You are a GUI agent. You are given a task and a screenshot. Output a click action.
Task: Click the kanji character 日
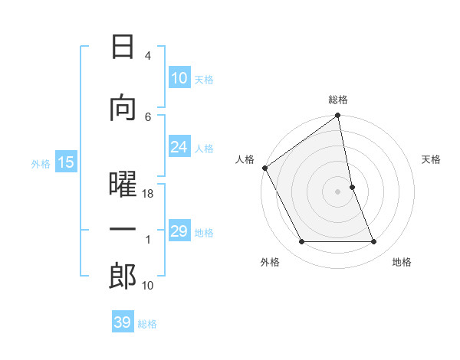(x=123, y=48)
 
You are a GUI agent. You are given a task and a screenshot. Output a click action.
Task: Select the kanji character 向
(x=123, y=108)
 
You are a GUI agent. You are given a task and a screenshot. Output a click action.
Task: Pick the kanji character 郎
(x=123, y=277)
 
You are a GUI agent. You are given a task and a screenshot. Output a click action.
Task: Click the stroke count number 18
(x=149, y=195)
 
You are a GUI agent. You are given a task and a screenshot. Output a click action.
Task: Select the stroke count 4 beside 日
(x=148, y=56)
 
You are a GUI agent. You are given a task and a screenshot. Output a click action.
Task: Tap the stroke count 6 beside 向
(x=148, y=116)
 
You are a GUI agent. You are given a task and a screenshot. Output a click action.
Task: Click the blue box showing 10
(x=179, y=78)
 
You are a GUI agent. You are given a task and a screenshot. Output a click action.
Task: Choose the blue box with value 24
(x=179, y=147)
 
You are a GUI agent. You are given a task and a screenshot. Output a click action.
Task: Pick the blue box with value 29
(x=179, y=231)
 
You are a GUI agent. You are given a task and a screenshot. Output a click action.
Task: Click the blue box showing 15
(x=66, y=162)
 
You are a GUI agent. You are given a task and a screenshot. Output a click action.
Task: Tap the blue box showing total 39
(x=123, y=322)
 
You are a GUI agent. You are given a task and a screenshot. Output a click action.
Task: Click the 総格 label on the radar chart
(x=338, y=100)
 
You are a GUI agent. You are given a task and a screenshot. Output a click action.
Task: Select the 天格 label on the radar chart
(x=432, y=159)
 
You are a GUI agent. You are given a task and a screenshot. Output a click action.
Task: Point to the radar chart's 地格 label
(x=402, y=263)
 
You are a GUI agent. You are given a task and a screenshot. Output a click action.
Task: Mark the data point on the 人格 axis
(x=264, y=168)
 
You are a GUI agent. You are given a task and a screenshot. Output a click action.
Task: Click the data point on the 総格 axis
(x=338, y=116)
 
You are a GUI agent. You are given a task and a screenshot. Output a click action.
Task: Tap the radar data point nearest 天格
(x=352, y=187)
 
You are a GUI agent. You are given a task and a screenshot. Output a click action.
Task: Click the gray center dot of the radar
(x=338, y=191)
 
